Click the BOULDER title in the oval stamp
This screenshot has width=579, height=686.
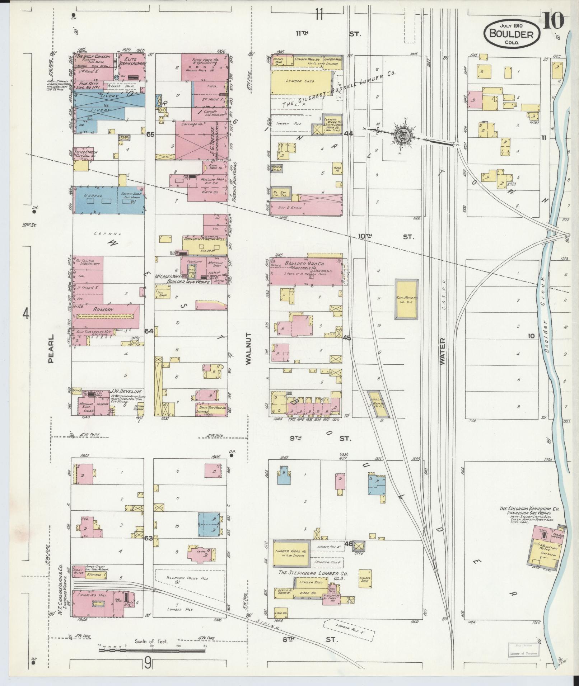tap(512, 34)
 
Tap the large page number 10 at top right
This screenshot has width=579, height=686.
tap(553, 22)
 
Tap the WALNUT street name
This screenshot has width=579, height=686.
tap(249, 348)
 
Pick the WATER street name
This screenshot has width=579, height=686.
tap(443, 351)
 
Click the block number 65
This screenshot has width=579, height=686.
tap(150, 134)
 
